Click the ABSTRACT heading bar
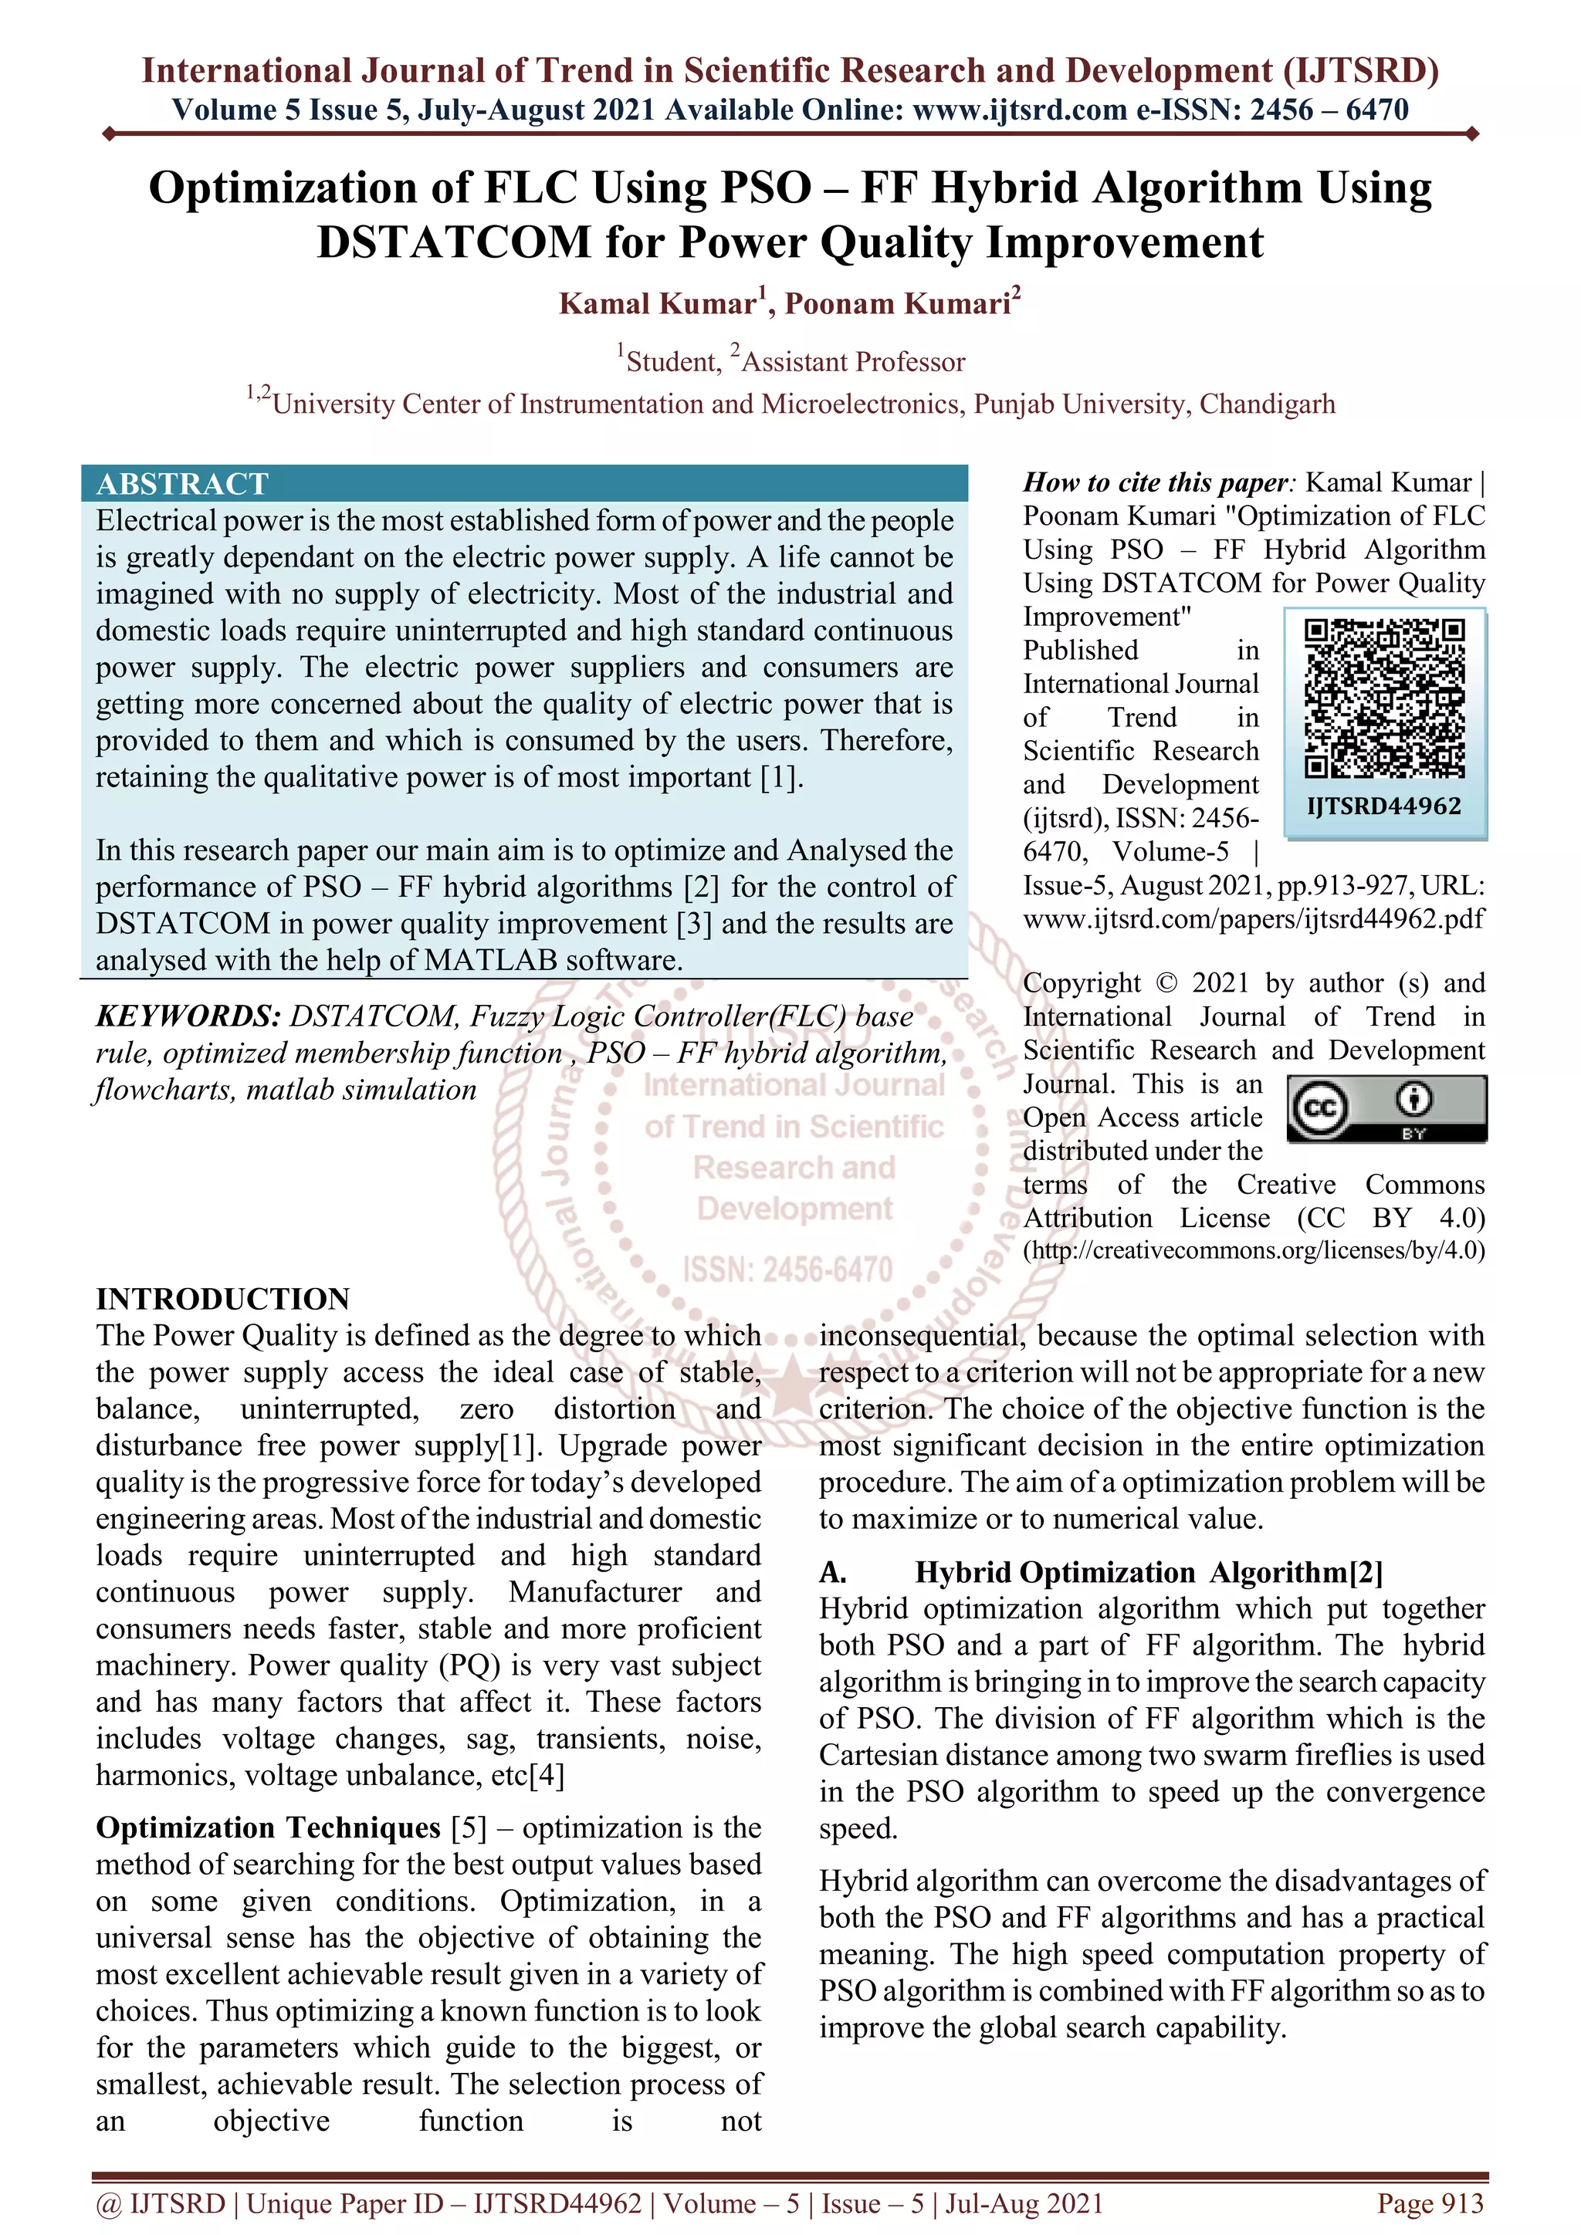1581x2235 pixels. pyautogui.click(x=523, y=484)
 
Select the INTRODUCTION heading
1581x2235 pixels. pyautogui.click(x=222, y=1299)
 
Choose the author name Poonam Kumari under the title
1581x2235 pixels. pyautogui.click(x=898, y=304)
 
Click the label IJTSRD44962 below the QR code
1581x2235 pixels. pyautogui.click(x=1383, y=806)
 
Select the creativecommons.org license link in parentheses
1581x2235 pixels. pyautogui.click(x=1253, y=1250)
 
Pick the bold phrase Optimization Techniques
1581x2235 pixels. pyautogui.click(x=268, y=1828)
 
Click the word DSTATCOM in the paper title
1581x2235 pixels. pyautogui.click(x=454, y=242)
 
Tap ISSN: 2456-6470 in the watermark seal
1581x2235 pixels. pyautogui.click(x=787, y=1270)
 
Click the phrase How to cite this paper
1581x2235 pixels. pyautogui.click(x=1156, y=483)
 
